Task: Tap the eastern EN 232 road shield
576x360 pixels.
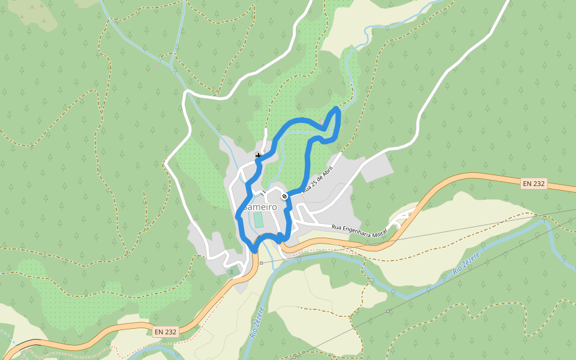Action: coord(533,184)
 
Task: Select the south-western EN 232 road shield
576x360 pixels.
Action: coord(166,331)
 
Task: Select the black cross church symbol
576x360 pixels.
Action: coord(258,155)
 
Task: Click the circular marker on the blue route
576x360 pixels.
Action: coord(284,196)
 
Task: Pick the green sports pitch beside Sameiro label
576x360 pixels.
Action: coord(259,220)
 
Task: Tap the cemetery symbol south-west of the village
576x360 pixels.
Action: coord(232,272)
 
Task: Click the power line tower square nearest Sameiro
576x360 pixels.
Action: coord(262,263)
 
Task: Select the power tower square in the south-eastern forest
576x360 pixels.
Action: coord(389,311)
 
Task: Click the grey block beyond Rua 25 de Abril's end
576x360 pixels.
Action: coord(377,167)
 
